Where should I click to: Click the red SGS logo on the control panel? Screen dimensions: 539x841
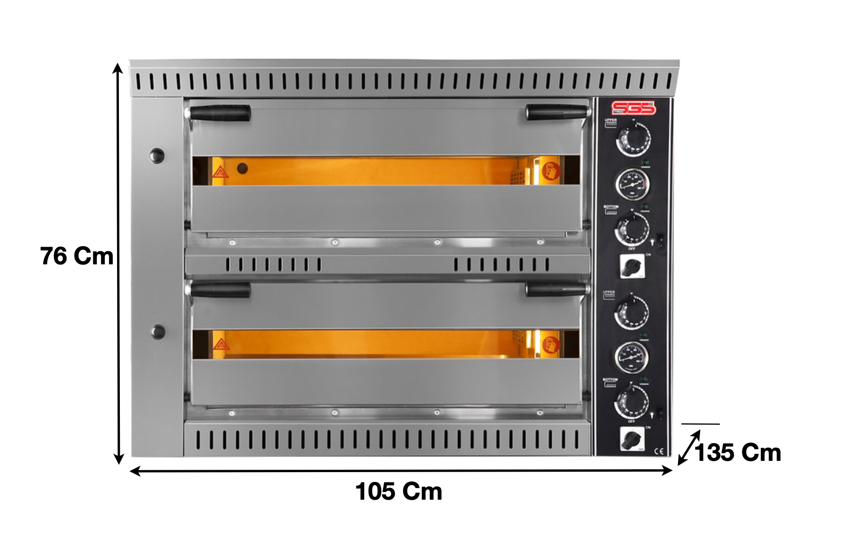633,109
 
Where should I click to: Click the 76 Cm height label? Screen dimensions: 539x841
77,256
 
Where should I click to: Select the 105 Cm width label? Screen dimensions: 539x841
398,492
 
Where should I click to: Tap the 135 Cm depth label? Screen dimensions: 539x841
738,453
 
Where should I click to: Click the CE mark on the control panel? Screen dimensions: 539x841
658,452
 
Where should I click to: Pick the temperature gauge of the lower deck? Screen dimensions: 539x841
632,357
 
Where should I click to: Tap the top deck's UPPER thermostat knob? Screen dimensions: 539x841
633,140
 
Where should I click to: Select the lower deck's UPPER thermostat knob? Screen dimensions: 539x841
632,313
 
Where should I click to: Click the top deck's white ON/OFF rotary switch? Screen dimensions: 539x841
632,267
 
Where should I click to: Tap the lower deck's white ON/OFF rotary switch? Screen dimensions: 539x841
632,439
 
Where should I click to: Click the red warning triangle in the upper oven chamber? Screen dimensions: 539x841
220,173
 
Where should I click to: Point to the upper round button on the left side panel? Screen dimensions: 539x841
157,155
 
